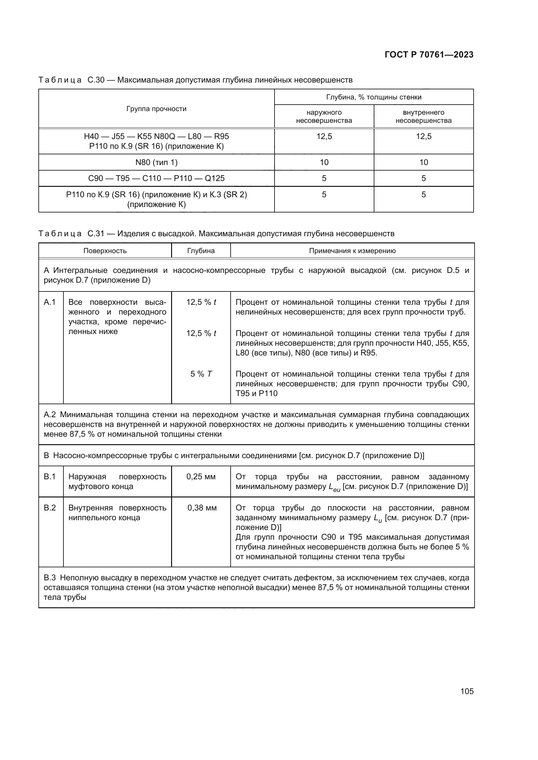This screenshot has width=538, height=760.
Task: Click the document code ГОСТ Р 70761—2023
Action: tap(429, 55)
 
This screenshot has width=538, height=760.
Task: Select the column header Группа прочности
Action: tap(156, 109)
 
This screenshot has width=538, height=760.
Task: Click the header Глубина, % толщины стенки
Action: tap(374, 97)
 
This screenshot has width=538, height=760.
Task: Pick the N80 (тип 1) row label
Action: tap(156, 162)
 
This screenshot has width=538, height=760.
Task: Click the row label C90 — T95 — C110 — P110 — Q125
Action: tap(156, 178)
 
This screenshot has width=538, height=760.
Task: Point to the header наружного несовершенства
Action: tap(324, 117)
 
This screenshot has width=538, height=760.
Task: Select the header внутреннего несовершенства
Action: tap(424, 117)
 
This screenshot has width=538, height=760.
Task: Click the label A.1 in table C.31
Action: tap(50, 302)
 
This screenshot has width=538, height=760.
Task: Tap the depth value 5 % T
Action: tap(201, 374)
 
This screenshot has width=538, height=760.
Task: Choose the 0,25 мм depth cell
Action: tap(201, 477)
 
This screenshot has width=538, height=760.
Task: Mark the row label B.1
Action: tap(50, 477)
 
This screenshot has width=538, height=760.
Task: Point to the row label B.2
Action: tap(50, 508)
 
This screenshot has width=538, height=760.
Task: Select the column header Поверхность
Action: tap(105, 251)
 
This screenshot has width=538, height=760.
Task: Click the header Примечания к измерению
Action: tap(352, 251)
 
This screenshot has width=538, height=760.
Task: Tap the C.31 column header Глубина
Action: tap(201, 251)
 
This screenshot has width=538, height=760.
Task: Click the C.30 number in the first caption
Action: tap(96, 80)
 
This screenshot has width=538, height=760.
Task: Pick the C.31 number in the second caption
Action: tap(96, 234)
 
